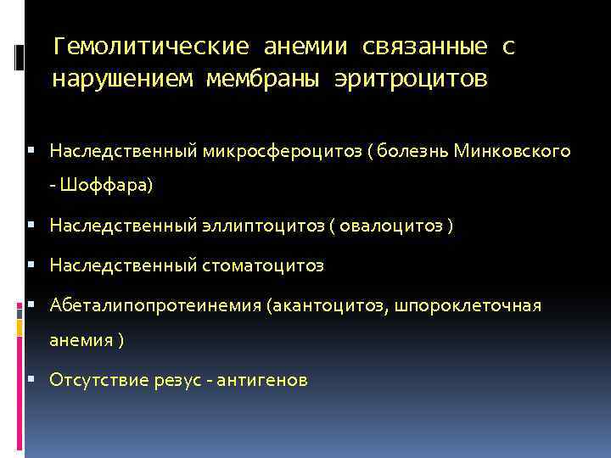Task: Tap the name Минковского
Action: [x=513, y=151]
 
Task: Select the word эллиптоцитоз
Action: [x=261, y=226]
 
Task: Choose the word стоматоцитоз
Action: [x=263, y=266]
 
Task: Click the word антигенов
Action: [x=263, y=380]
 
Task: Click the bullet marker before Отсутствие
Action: [x=30, y=379]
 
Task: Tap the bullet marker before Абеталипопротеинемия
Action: [x=30, y=304]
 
